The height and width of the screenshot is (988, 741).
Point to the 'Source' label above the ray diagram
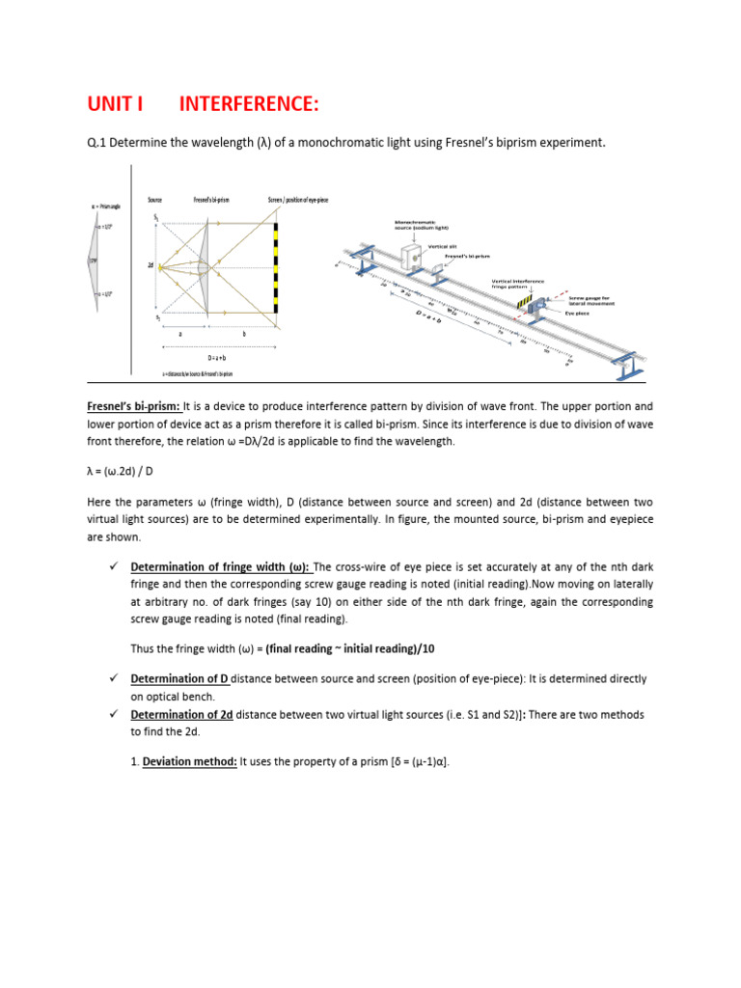(154, 200)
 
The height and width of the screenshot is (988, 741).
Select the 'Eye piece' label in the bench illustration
(577, 314)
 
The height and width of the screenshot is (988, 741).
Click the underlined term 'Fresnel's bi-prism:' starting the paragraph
(129, 407)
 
